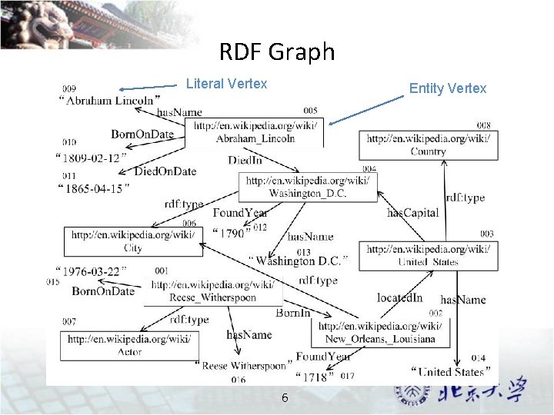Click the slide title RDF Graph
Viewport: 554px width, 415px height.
[x=277, y=51]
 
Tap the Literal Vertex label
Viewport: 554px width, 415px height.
[x=226, y=84]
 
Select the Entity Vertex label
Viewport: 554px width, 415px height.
[x=447, y=88]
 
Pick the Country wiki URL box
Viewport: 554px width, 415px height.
[x=428, y=145]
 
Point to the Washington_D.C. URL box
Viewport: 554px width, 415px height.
[x=308, y=187]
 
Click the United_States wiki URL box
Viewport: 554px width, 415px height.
[x=428, y=255]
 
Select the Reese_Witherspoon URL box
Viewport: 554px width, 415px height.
[x=212, y=291]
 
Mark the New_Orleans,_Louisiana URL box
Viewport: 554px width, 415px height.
[x=380, y=333]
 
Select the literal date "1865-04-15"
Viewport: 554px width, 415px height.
[x=94, y=189]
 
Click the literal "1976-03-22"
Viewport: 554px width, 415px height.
[x=91, y=271]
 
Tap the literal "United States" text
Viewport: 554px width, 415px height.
[x=451, y=372]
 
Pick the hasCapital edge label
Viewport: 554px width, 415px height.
[x=412, y=213]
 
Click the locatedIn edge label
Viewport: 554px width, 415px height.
[x=399, y=297]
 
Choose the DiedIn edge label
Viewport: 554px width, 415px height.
[x=245, y=160]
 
